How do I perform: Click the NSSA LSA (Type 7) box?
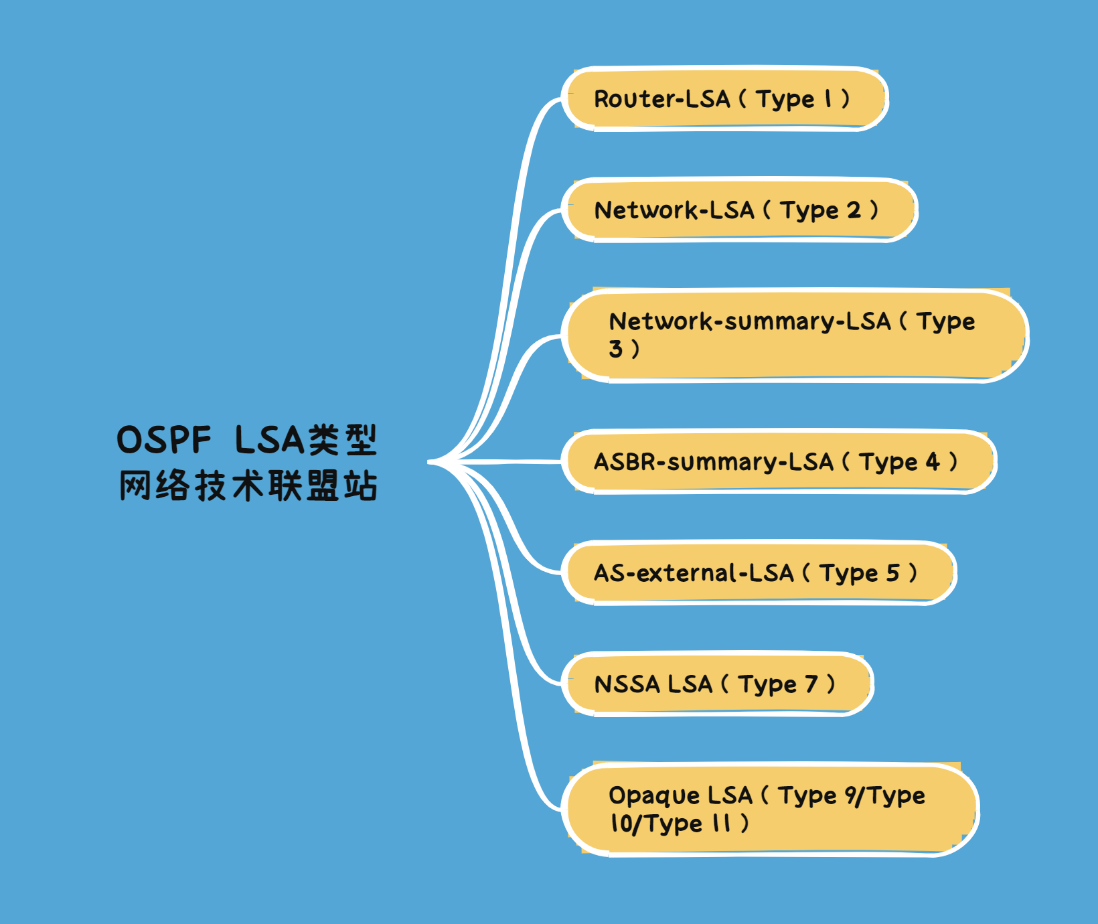tap(717, 684)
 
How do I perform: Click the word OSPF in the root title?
tap(164, 441)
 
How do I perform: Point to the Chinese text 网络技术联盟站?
tap(248, 485)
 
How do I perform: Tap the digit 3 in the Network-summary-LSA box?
tap(615, 349)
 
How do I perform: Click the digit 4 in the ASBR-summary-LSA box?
tap(933, 461)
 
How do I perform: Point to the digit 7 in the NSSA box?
tap(811, 684)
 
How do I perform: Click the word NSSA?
tap(627, 684)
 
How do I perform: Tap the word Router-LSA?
tap(661, 99)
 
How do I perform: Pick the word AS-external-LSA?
tap(694, 573)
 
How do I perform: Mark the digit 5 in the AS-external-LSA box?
tap(893, 573)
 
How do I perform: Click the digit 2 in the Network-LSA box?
tap(854, 210)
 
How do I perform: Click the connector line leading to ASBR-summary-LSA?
tap(509, 461)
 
